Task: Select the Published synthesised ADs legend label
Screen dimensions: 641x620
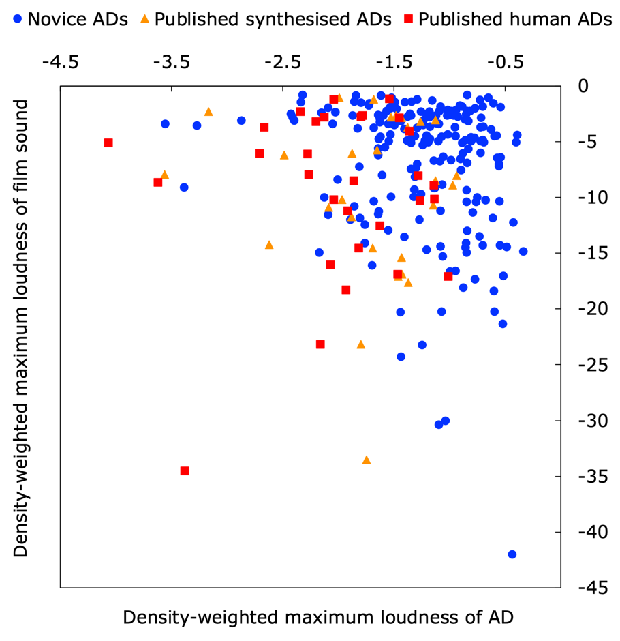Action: (273, 19)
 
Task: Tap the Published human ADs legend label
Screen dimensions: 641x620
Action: (515, 19)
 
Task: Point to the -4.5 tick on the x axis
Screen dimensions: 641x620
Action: (60, 62)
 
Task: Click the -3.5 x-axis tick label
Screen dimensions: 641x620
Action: (171, 62)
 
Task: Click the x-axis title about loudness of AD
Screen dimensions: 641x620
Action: (317, 617)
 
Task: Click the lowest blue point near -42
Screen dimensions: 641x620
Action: (512, 554)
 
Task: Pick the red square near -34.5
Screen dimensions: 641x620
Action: (185, 471)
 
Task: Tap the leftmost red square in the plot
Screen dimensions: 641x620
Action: (108, 143)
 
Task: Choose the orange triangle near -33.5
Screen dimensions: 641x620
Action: (367, 460)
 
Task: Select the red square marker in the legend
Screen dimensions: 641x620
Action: (408, 19)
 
